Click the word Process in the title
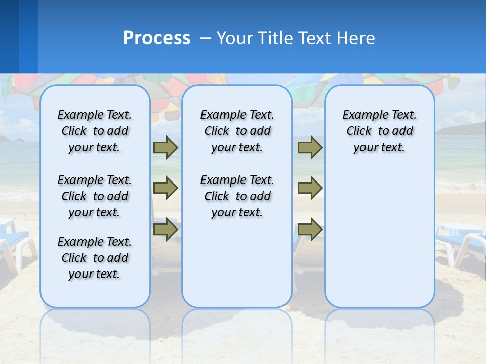[x=156, y=38]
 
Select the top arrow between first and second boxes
[x=165, y=148]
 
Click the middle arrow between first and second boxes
[x=165, y=188]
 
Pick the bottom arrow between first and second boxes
[x=165, y=229]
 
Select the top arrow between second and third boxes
[x=310, y=148]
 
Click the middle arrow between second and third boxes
[x=310, y=188]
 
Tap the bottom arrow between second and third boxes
[x=310, y=229]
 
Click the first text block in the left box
[x=95, y=131]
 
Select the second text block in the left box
[x=95, y=196]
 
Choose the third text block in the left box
[x=95, y=258]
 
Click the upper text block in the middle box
[x=237, y=131]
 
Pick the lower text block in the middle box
[x=237, y=196]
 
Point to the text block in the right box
[x=380, y=131]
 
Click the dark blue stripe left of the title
[x=9, y=36]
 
